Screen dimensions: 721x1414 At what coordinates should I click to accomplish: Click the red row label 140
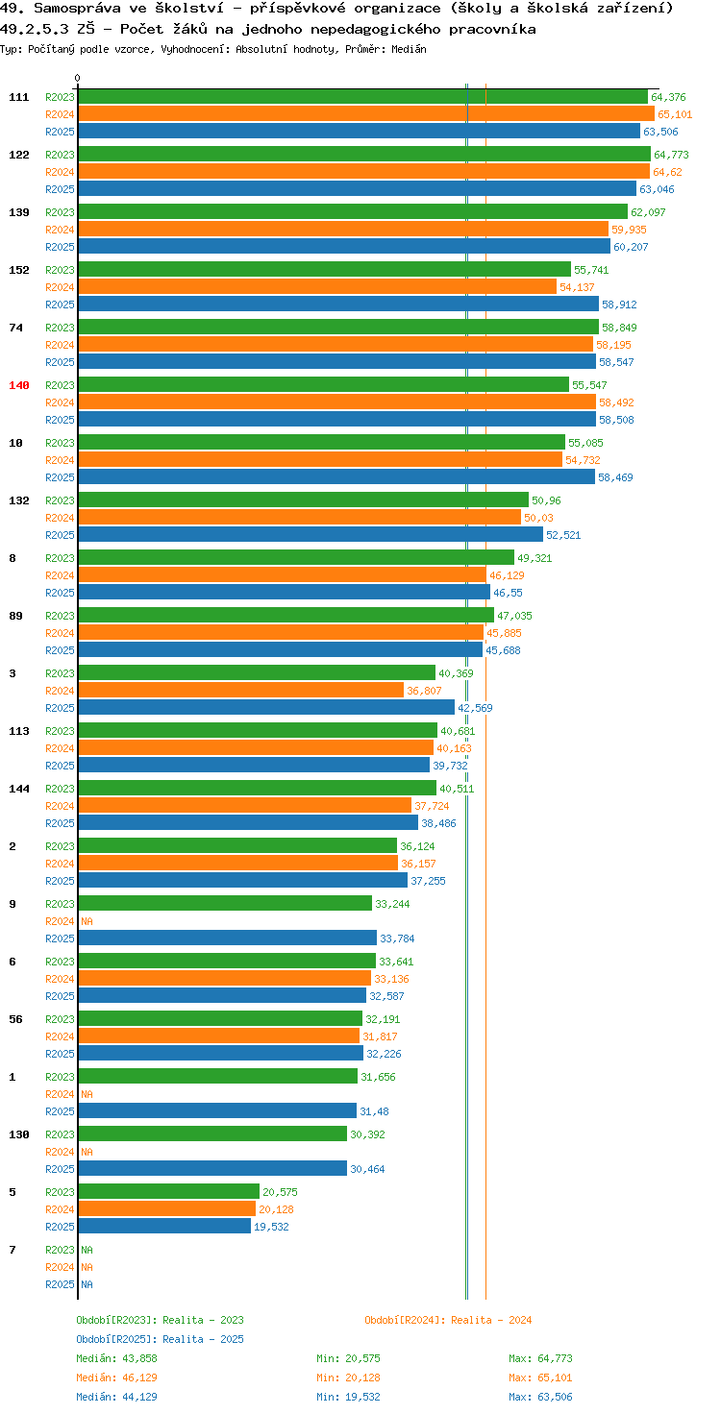click(x=19, y=385)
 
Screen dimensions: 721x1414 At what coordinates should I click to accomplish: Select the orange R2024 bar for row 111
click(x=366, y=113)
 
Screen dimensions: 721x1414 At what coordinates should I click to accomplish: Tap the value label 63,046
click(x=657, y=189)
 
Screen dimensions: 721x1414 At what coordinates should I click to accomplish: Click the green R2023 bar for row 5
click(x=169, y=1191)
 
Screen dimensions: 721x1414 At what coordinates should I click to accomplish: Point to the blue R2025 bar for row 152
click(x=338, y=304)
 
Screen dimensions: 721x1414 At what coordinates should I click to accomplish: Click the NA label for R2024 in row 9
click(x=87, y=921)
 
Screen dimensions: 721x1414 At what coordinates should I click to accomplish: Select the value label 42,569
click(x=475, y=708)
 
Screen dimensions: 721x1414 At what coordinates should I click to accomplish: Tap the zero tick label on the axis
click(x=77, y=78)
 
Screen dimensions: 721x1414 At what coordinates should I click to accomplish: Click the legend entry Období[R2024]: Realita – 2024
click(x=448, y=1320)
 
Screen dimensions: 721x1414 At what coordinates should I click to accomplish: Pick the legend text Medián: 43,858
click(x=117, y=1358)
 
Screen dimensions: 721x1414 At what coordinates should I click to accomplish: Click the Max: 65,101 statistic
click(x=540, y=1377)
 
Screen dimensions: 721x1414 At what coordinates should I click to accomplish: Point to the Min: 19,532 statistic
click(x=348, y=1397)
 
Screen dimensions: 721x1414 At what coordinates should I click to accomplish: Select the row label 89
click(x=15, y=616)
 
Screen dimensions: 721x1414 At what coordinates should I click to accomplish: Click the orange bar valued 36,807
click(x=241, y=690)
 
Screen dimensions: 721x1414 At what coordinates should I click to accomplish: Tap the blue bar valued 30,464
click(x=213, y=1168)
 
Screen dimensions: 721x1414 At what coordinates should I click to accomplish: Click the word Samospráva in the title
click(x=77, y=9)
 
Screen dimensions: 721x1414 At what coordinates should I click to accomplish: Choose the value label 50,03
click(x=538, y=518)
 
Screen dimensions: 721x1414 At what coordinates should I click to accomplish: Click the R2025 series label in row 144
click(x=60, y=823)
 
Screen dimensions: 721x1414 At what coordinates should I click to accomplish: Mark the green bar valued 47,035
click(x=286, y=615)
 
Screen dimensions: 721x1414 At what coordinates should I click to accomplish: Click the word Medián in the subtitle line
click(x=409, y=49)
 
